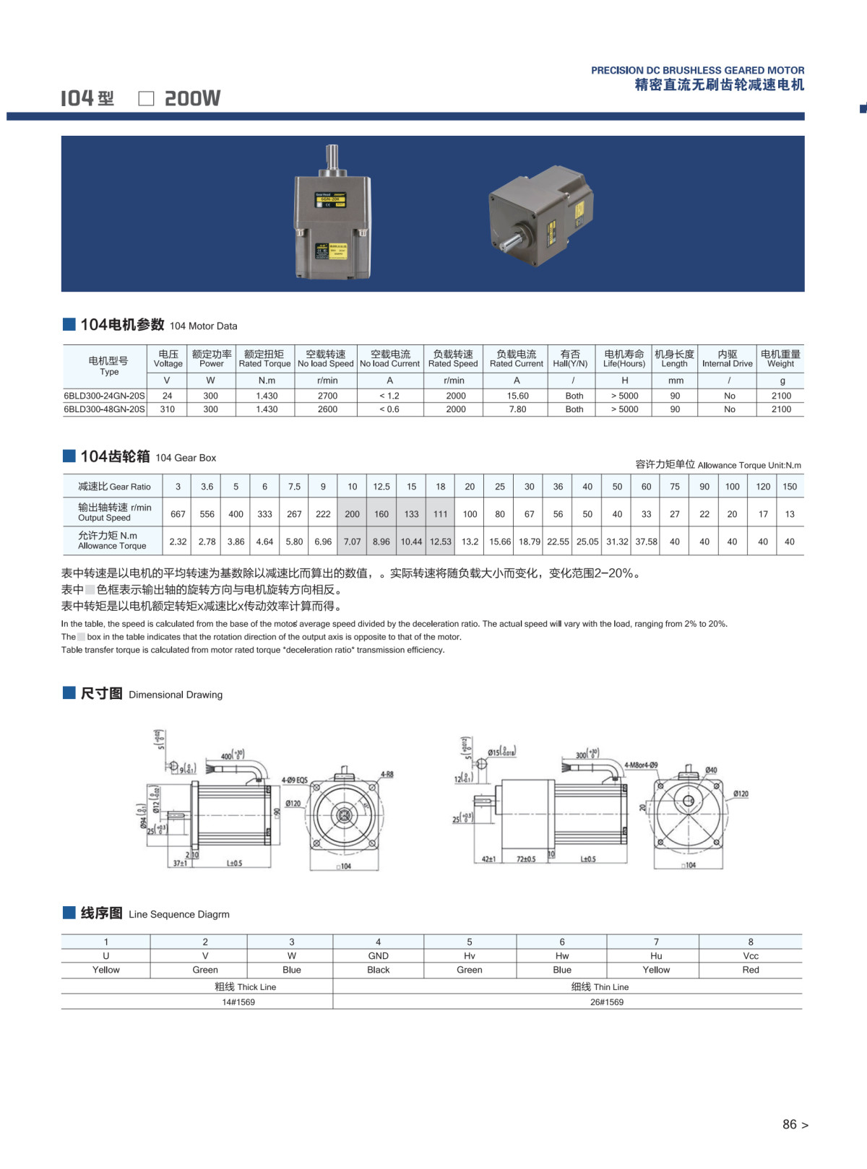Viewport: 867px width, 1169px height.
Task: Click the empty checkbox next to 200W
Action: click(x=146, y=99)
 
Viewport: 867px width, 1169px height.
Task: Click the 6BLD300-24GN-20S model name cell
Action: click(x=104, y=396)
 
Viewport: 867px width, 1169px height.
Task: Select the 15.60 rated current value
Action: click(x=517, y=396)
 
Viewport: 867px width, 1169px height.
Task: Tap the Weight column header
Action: click(x=780, y=359)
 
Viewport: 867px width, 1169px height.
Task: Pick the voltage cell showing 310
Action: click(x=167, y=409)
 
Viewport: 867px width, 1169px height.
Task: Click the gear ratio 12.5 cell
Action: click(x=381, y=487)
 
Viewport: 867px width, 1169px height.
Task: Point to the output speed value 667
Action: click(x=178, y=514)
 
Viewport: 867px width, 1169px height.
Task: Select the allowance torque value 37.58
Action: click(x=646, y=542)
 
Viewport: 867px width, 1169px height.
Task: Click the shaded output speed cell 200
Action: click(x=352, y=514)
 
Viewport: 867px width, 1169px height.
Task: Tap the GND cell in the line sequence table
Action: click(x=378, y=956)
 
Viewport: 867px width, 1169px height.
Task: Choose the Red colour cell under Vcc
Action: click(x=750, y=970)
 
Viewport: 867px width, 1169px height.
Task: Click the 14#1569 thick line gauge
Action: click(x=238, y=1002)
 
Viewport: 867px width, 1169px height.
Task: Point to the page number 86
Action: click(x=790, y=1124)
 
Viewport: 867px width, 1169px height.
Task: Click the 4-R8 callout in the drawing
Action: click(x=387, y=774)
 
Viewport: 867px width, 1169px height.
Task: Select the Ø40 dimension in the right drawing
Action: click(x=711, y=770)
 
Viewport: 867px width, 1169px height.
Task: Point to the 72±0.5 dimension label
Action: click(x=526, y=859)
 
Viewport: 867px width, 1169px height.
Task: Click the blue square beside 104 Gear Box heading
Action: click(x=69, y=456)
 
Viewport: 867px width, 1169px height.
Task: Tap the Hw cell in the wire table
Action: click(x=561, y=956)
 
